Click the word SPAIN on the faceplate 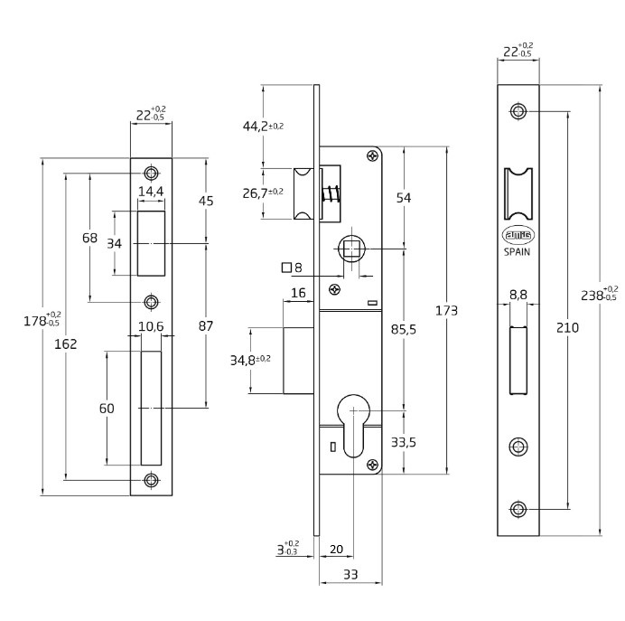[x=518, y=253]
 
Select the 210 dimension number [x=568, y=327]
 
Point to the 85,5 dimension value [x=404, y=329]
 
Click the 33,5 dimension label [x=403, y=442]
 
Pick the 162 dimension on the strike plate [x=66, y=343]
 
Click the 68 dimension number [x=89, y=238]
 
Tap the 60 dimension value [x=107, y=408]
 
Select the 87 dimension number [x=206, y=325]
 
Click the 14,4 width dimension [x=150, y=192]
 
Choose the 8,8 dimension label [x=518, y=295]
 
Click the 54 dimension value [x=404, y=198]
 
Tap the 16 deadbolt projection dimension [x=299, y=293]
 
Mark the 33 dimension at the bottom [x=350, y=574]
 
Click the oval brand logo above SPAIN [x=518, y=235]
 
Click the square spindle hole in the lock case [x=350, y=248]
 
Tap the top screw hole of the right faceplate [x=518, y=111]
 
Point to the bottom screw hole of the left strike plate [x=151, y=480]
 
